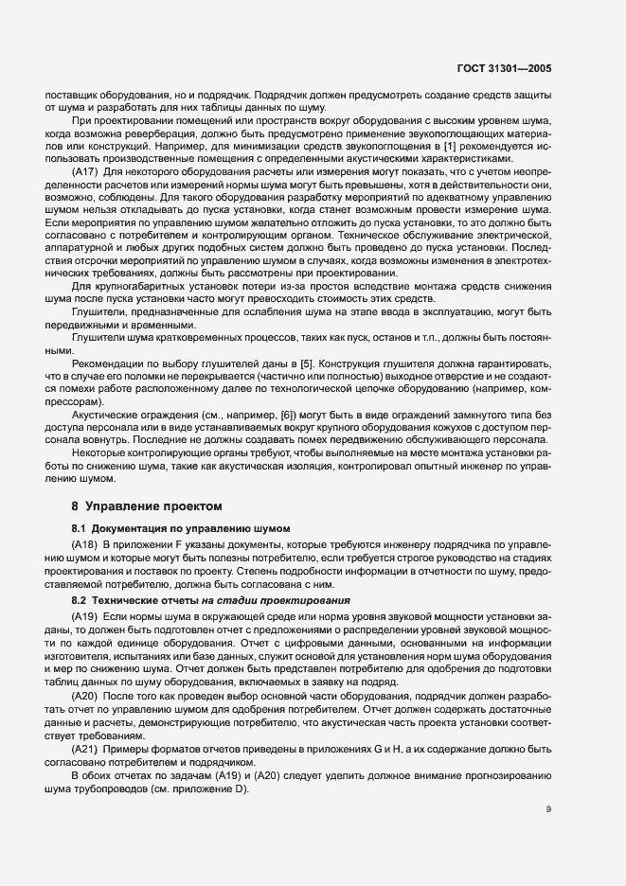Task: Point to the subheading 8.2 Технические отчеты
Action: (209, 601)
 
